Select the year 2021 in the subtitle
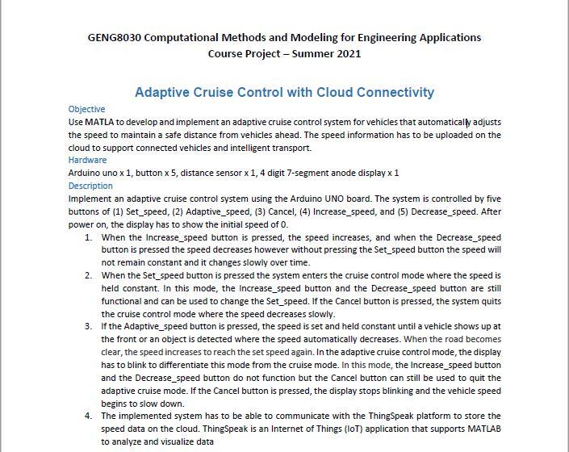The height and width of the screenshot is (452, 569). [x=345, y=54]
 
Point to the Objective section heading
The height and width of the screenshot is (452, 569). [x=86, y=109]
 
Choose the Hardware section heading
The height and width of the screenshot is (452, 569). [x=87, y=161]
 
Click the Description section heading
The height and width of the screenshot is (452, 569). [x=90, y=186]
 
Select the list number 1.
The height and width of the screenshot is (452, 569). [x=87, y=238]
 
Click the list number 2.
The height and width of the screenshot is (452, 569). [x=87, y=276]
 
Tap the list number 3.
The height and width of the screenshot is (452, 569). [x=87, y=327]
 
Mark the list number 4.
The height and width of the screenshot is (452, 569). [x=87, y=416]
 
